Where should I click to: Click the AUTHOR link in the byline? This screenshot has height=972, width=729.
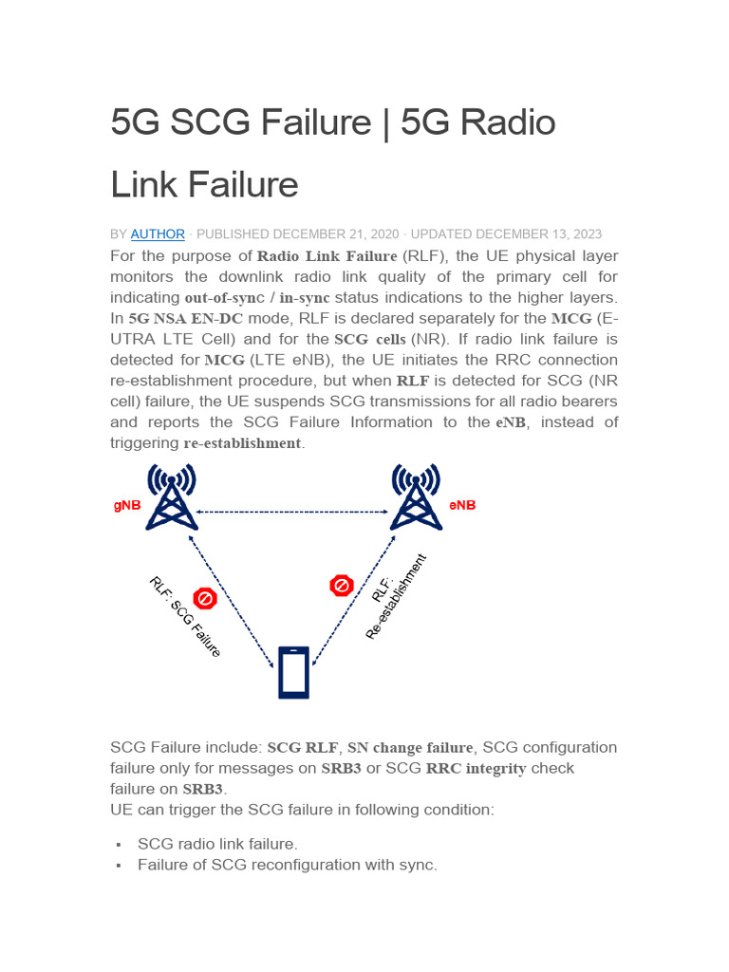pos(158,234)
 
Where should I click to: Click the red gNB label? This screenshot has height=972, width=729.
pos(127,506)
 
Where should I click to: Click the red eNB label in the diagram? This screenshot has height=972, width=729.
pos(462,506)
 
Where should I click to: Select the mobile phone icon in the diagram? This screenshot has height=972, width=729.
pos(293,672)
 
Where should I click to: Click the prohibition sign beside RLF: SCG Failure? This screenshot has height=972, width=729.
pos(205,598)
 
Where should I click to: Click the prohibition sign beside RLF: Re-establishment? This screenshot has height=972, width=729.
pos(342,586)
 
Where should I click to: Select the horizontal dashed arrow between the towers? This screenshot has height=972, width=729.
pos(294,513)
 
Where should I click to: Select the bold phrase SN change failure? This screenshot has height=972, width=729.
pos(410,748)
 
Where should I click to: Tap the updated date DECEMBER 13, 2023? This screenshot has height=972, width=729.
pos(538,234)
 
